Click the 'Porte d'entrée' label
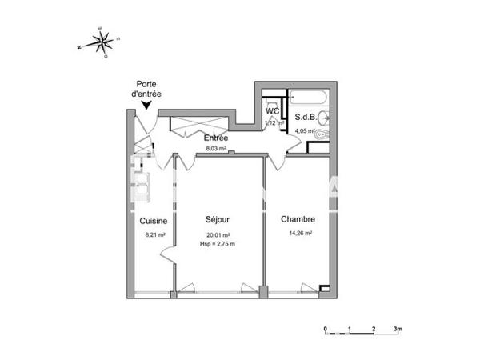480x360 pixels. [x=146, y=88]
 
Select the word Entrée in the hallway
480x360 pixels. [x=216, y=138]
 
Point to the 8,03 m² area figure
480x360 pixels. [x=216, y=148]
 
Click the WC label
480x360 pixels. [x=272, y=111]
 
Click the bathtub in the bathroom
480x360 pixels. [x=306, y=99]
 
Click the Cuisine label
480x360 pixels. [x=153, y=221]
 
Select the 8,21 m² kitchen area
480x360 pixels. [x=154, y=234]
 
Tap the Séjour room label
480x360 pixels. [x=218, y=218]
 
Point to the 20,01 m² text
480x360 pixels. [x=218, y=234]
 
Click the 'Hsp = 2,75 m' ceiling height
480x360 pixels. [x=218, y=243]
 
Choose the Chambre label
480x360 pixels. [x=297, y=219]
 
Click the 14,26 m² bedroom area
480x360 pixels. [x=298, y=234]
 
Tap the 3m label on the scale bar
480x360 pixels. [x=398, y=329]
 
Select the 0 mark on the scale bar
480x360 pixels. [x=326, y=329]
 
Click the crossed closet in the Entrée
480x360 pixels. [x=199, y=126]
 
